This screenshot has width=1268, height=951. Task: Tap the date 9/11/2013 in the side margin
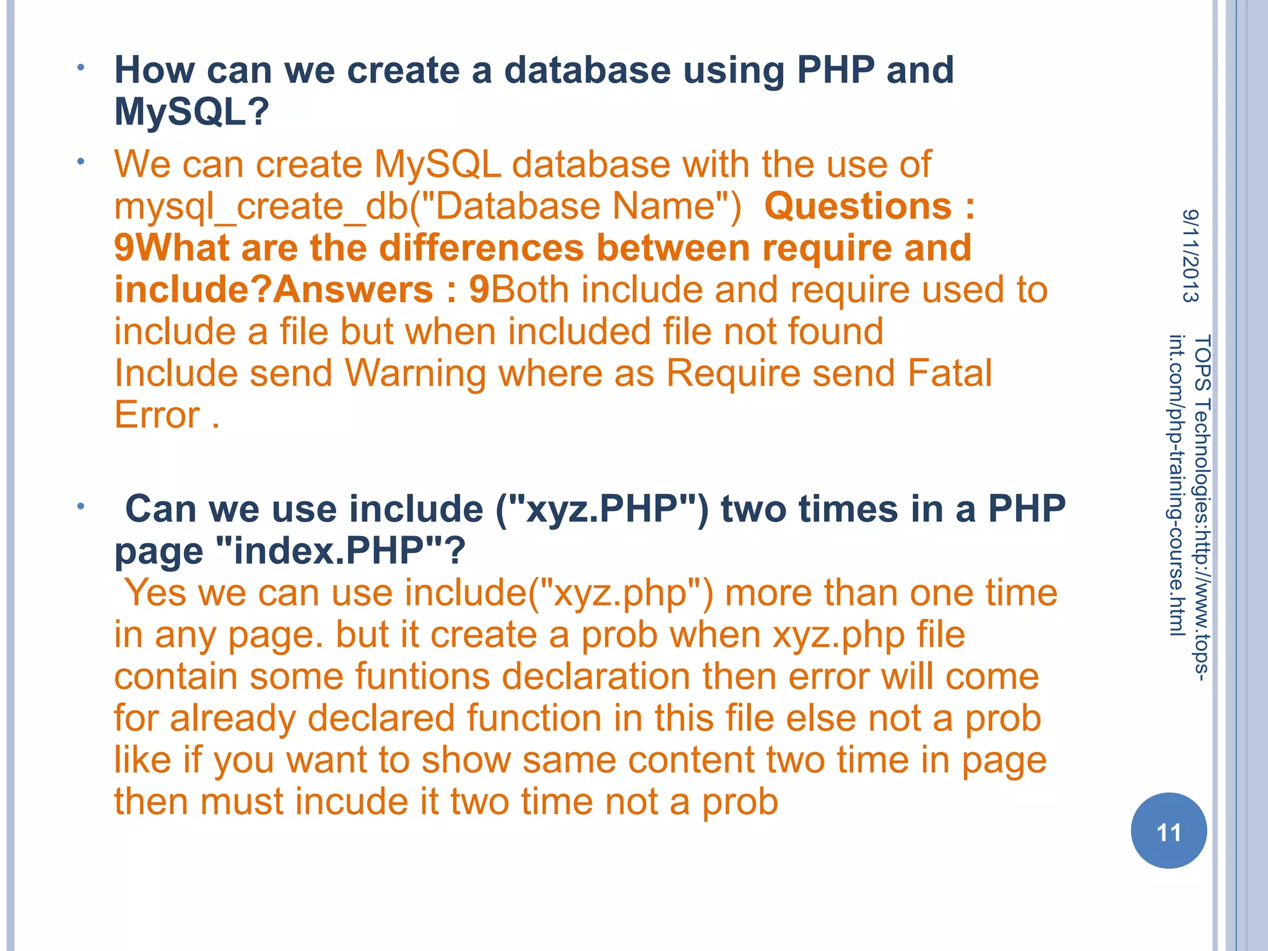[x=1190, y=256]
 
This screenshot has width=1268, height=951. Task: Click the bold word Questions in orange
[x=858, y=206]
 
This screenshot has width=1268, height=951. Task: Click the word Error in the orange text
[x=157, y=415]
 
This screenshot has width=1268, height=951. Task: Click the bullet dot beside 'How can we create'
[x=80, y=67]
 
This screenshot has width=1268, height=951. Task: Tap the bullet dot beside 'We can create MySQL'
[x=80, y=162]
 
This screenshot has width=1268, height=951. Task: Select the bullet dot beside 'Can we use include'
[x=80, y=507]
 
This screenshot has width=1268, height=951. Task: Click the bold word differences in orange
[x=481, y=248]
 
